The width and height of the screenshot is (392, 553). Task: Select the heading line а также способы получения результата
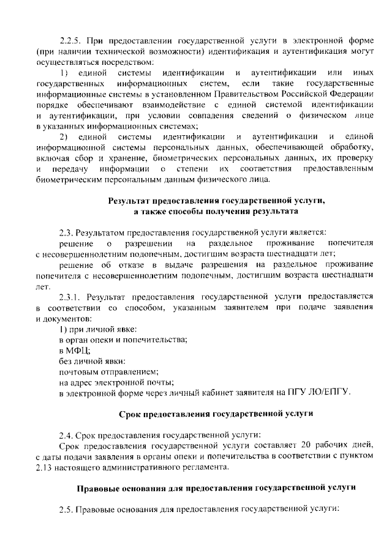[217, 211]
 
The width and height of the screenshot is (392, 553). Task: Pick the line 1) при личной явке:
[93, 330]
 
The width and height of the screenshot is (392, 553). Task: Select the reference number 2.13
[46, 467]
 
